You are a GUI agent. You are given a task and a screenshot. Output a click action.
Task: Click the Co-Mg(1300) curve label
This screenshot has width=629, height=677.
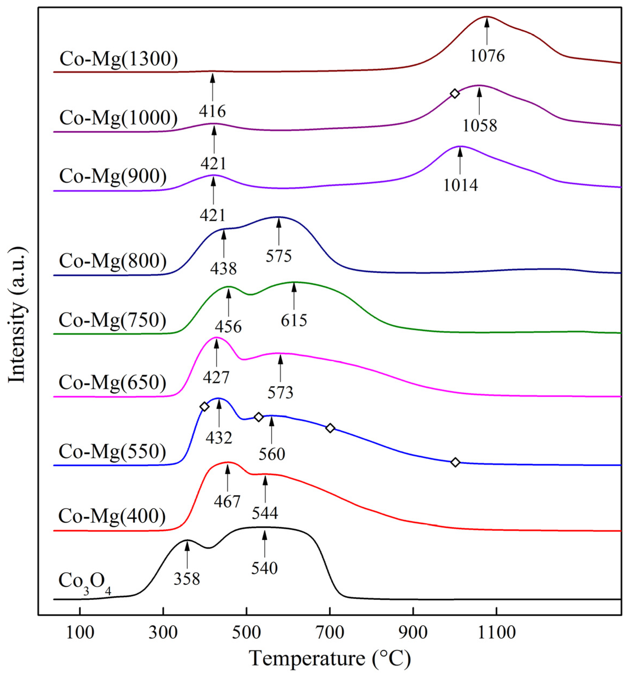click(x=118, y=59)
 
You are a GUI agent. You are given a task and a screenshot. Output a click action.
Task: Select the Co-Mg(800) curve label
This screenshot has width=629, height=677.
click(x=113, y=261)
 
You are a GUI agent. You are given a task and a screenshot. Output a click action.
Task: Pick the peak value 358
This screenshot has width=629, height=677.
click(x=186, y=579)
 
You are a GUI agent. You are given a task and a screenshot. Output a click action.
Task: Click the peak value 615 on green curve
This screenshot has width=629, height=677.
click(x=294, y=320)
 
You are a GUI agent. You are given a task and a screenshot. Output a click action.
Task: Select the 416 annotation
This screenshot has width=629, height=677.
click(x=212, y=111)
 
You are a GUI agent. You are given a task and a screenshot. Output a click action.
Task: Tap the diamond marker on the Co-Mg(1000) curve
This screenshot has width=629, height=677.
click(x=454, y=93)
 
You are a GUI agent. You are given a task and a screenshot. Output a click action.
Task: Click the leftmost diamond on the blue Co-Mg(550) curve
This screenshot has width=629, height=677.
click(x=204, y=407)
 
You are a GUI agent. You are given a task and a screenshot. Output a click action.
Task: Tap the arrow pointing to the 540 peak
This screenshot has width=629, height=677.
click(x=264, y=544)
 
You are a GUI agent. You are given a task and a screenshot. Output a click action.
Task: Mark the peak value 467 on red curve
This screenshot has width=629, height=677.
click(x=227, y=501)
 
